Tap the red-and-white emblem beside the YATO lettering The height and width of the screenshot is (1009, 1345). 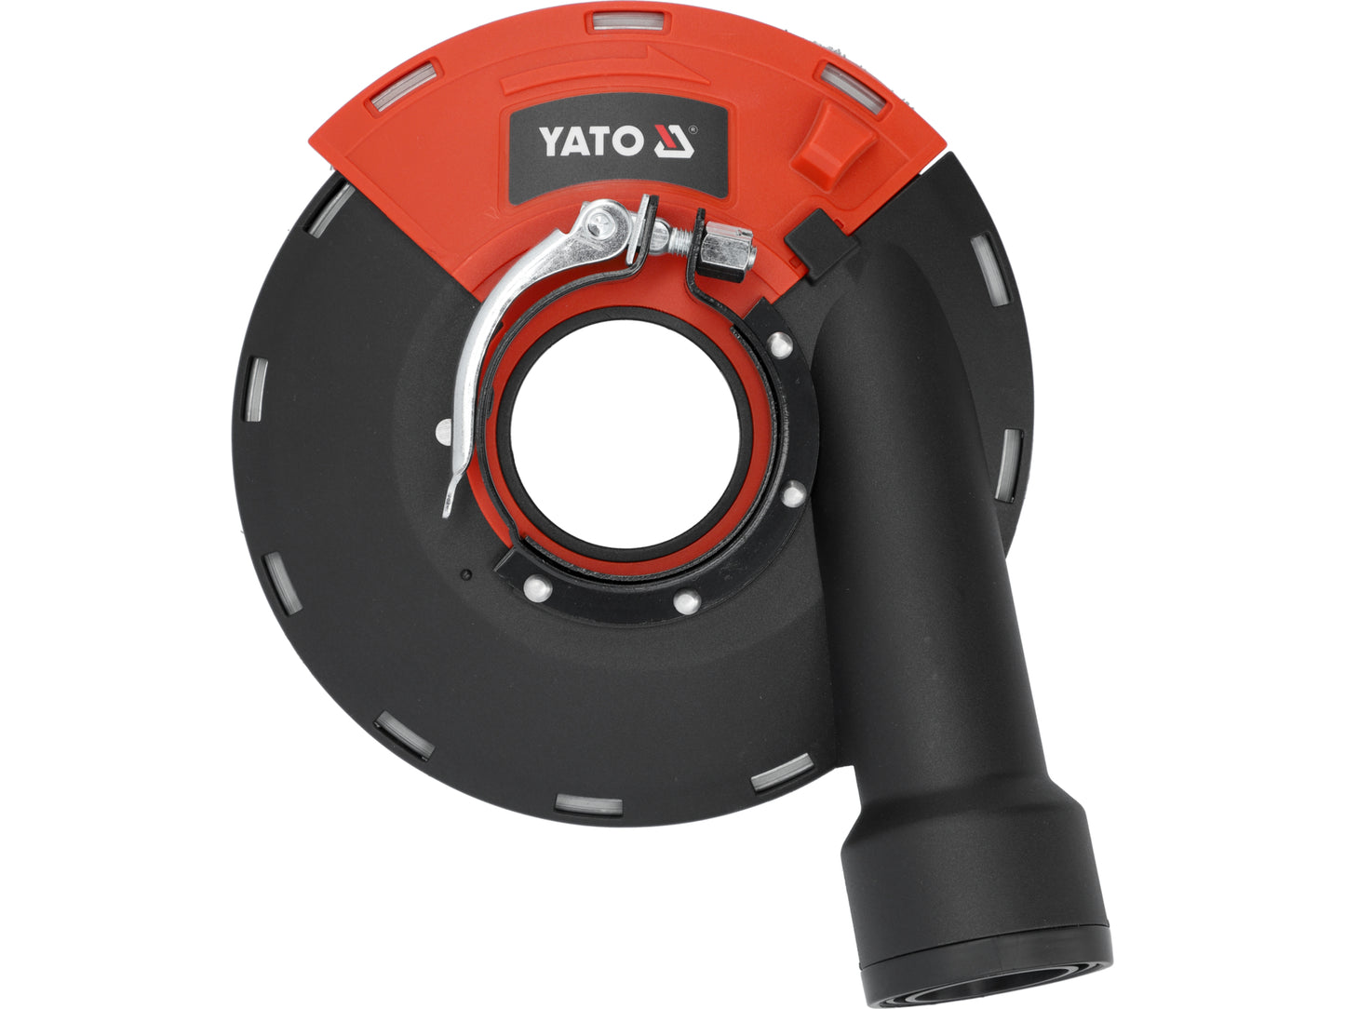click(x=672, y=141)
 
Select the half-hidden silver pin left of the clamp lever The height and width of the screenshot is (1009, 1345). click(x=444, y=430)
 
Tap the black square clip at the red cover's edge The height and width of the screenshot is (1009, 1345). click(x=819, y=243)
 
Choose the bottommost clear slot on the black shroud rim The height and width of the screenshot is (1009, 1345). click(x=587, y=803)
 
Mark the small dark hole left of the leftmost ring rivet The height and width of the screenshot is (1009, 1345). click(x=465, y=574)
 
